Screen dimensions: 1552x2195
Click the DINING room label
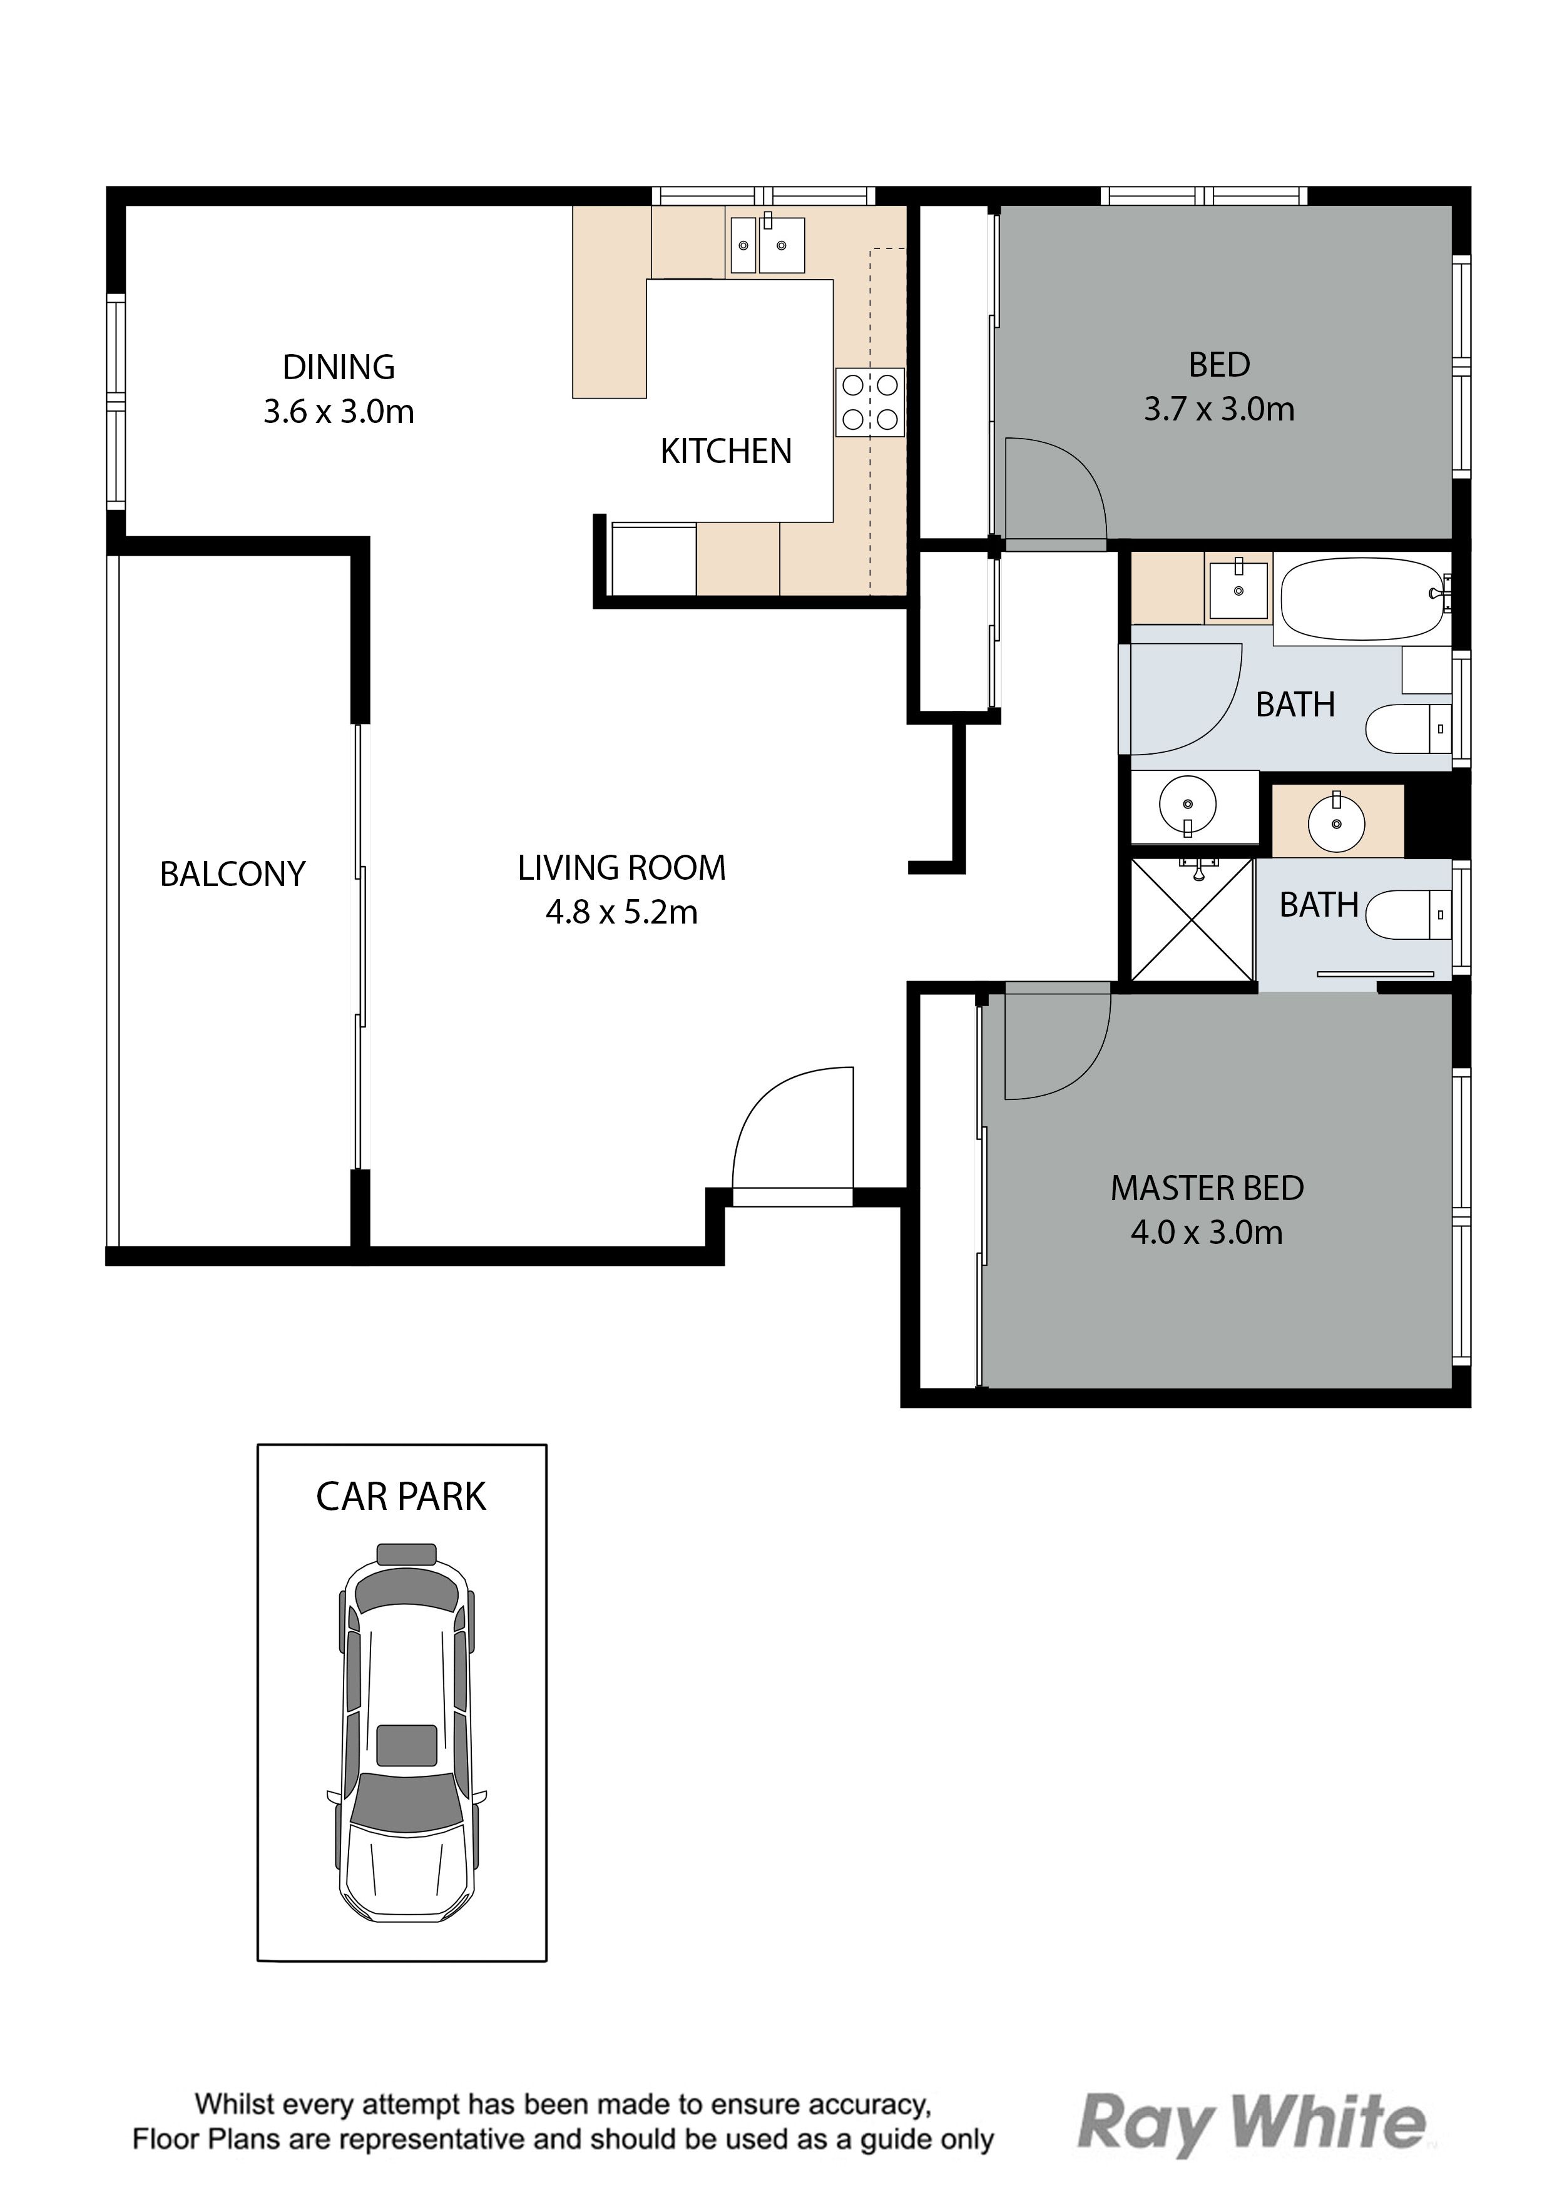[x=339, y=367]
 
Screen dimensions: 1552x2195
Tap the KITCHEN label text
[x=726, y=451]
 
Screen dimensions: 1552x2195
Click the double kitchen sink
[x=767, y=245]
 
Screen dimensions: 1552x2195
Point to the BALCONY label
[x=232, y=873]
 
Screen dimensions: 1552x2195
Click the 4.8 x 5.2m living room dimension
[x=621, y=913]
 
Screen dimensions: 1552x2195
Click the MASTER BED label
[x=1207, y=1188]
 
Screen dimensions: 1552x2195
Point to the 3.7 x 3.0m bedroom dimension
[x=1219, y=409]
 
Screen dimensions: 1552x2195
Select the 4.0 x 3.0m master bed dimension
[x=1207, y=1232]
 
